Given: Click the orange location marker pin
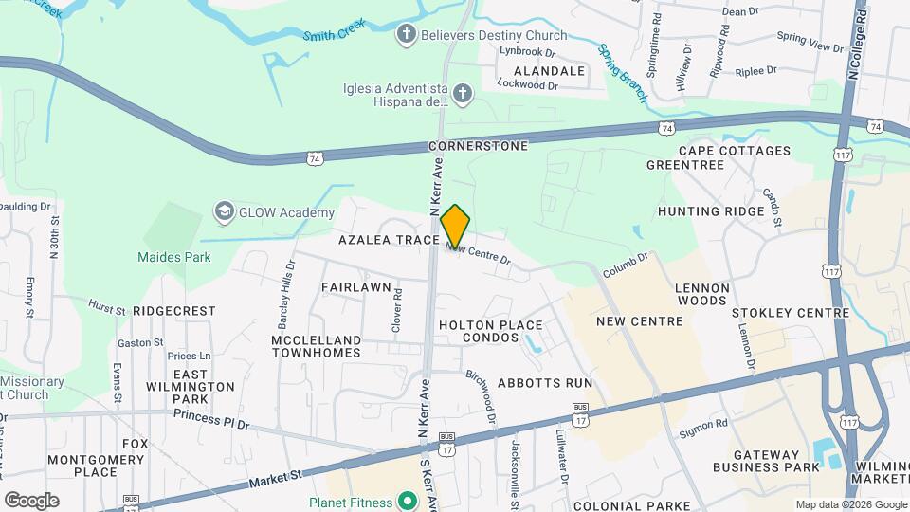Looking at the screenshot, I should tap(455, 226).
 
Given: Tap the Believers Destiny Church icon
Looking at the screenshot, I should tap(406, 35).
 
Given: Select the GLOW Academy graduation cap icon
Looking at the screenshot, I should tap(225, 210).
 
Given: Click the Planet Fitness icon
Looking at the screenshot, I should tap(408, 500).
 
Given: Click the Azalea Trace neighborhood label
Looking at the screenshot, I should tap(389, 241).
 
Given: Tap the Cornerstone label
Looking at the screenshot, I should tap(477, 147).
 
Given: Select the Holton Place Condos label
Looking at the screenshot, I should tap(491, 332).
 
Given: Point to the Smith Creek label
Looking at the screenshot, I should tap(333, 35).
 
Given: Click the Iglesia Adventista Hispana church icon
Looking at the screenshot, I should tap(462, 93).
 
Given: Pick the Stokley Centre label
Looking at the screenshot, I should tap(791, 312).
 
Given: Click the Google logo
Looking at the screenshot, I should tap(31, 500).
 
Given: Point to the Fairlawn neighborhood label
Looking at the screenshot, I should tap(357, 286).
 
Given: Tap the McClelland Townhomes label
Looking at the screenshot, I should tap(317, 346).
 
